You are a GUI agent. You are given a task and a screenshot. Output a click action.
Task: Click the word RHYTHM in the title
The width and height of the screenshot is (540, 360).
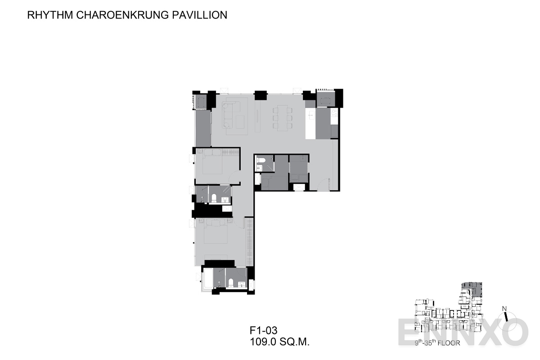coord(50,15)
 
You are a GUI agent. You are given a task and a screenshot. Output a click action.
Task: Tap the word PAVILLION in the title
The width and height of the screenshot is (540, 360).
coord(199,15)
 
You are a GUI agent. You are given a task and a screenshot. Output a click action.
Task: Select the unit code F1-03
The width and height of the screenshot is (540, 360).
coord(264,331)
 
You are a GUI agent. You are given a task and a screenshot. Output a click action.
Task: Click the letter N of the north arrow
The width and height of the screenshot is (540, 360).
coord(504,309)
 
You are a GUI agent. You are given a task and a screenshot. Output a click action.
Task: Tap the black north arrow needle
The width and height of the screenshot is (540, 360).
coord(506,316)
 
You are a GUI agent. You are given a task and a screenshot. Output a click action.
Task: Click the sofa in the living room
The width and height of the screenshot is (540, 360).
coord(229,115)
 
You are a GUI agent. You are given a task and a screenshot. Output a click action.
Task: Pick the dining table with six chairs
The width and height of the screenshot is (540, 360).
coord(283,118)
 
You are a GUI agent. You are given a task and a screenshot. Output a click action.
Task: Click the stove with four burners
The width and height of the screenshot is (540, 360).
coord(334,113)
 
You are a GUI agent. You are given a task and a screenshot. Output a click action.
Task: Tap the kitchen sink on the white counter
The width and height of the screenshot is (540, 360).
coord(311,116)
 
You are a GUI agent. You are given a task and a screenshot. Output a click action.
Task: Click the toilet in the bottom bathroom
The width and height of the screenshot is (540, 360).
coord(231,283)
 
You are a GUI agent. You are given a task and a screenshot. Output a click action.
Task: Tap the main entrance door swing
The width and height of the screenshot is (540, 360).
coord(324,184)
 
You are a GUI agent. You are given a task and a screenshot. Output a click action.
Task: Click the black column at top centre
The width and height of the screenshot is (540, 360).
coord(261,95)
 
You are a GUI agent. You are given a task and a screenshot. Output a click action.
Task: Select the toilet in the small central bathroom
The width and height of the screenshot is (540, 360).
coord(261,160)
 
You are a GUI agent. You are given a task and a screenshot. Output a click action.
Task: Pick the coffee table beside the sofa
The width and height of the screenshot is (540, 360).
coord(240,122)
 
